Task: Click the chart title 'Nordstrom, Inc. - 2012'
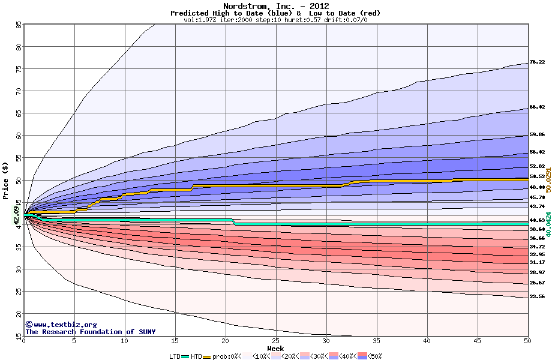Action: click(x=275, y=6)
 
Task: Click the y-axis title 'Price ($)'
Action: click(x=6, y=181)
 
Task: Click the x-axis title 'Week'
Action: click(x=275, y=349)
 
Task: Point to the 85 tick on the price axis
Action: click(x=19, y=25)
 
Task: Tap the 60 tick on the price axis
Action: click(x=19, y=136)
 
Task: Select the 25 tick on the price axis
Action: click(x=19, y=292)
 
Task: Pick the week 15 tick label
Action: click(x=175, y=341)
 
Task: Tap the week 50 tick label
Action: click(x=527, y=341)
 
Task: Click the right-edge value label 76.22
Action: click(x=536, y=62)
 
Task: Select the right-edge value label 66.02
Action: click(x=536, y=107)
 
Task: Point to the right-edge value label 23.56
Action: click(x=536, y=296)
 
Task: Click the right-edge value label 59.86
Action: click(x=536, y=135)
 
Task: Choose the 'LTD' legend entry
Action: click(x=175, y=356)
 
